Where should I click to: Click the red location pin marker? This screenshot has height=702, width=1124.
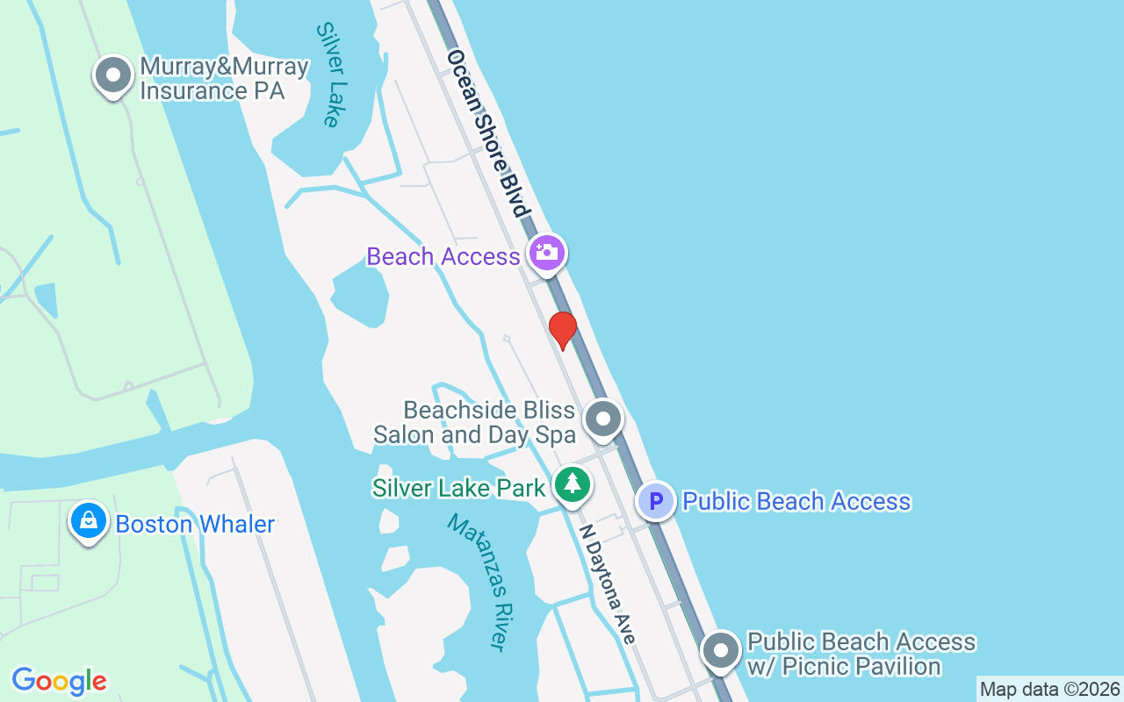[x=562, y=330]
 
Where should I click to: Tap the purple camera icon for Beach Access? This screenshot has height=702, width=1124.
[x=547, y=253]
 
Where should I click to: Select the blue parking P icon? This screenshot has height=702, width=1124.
[x=655, y=501]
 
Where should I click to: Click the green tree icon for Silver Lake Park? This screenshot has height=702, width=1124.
[x=573, y=484]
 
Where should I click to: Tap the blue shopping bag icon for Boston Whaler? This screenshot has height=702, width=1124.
[x=89, y=520]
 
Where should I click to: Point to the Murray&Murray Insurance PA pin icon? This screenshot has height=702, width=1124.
[x=112, y=75]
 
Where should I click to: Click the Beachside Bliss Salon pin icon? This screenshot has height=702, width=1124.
[x=602, y=419]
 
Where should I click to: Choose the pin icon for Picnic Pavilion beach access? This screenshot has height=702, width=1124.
[x=722, y=651]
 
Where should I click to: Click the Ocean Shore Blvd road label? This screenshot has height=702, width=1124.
[x=489, y=133]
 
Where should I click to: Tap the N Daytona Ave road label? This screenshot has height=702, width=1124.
[x=607, y=584]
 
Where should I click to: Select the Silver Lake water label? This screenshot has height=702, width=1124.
[x=328, y=75]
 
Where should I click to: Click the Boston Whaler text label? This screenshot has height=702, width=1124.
[x=195, y=525]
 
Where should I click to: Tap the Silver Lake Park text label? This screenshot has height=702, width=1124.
[x=459, y=488]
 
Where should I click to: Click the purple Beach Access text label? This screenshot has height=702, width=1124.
[x=443, y=256]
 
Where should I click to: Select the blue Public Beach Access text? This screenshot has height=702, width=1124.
[x=796, y=501]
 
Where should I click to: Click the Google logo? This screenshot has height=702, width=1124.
[x=59, y=680]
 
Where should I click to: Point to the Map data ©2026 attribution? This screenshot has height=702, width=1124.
[x=1049, y=690]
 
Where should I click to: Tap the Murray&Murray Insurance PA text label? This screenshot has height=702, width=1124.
[x=224, y=79]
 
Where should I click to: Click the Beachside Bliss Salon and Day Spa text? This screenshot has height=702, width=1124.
[x=474, y=422]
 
